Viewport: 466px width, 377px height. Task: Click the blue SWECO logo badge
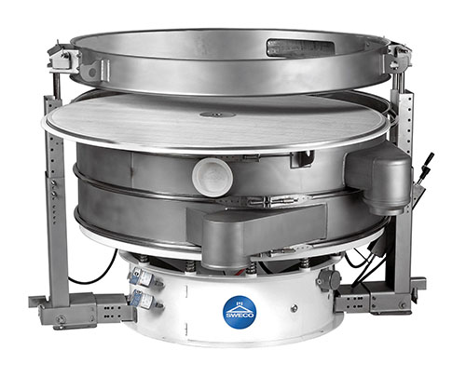click(240, 312)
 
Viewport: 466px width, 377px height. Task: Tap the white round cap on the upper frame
click(212, 177)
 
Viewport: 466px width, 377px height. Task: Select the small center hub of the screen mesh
click(218, 114)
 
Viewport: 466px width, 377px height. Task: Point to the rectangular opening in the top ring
click(300, 47)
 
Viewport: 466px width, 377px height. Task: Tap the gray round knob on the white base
click(330, 279)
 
